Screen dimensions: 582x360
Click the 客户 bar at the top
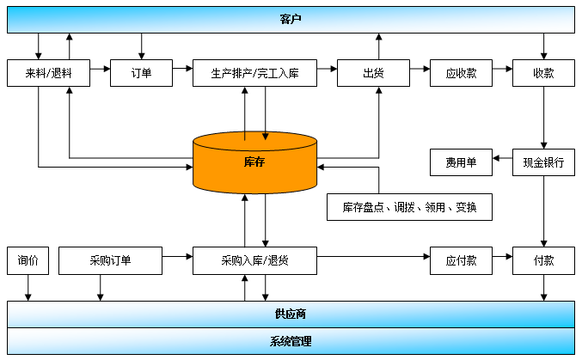[291, 20]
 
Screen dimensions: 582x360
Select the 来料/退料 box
[48, 73]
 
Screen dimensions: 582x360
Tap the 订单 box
[142, 73]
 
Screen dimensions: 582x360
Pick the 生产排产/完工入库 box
[254, 73]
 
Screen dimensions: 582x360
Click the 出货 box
[373, 73]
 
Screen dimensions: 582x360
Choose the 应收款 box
[461, 73]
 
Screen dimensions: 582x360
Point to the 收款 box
[544, 73]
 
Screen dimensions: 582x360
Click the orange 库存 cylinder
[254, 162]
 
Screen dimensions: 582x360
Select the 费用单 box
[461, 162]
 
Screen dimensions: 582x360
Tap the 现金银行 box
[544, 162]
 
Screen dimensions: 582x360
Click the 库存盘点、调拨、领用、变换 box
[409, 207]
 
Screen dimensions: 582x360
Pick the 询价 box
[28, 261]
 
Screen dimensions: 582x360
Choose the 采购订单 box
[110, 261]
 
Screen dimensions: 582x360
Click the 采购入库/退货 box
[254, 261]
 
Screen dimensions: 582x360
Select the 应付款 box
[461, 261]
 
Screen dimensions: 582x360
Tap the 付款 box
[544, 261]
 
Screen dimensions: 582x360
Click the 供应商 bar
[291, 314]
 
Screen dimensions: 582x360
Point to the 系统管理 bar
[291, 341]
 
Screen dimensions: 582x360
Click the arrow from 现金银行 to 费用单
[503, 158]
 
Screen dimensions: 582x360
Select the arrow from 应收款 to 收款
[503, 69]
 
